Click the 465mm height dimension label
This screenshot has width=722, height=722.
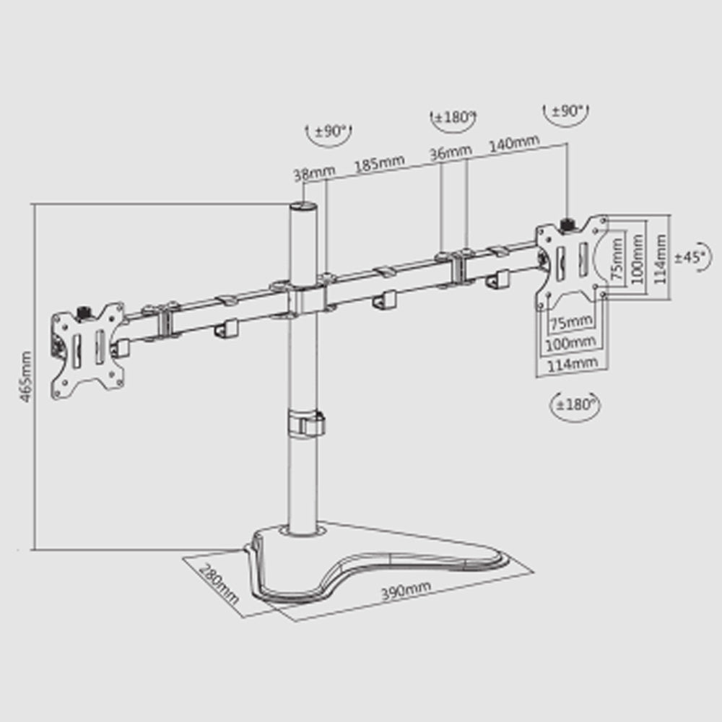click(x=26, y=376)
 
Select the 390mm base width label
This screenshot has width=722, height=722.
click(x=406, y=591)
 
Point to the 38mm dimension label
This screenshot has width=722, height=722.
click(x=315, y=173)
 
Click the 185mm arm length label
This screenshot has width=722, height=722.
click(x=380, y=163)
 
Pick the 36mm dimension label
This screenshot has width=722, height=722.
click(x=451, y=152)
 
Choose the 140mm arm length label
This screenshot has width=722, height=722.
click(x=514, y=143)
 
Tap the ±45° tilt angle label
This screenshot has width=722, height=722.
click(x=690, y=258)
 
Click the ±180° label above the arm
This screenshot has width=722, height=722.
click(x=453, y=117)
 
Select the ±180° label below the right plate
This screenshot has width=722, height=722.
click(x=575, y=405)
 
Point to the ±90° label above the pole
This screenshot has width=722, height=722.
click(x=330, y=131)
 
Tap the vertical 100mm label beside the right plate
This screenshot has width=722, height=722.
click(x=638, y=258)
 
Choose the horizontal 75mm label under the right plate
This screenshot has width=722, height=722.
click(x=573, y=322)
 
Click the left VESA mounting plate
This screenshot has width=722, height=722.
click(x=87, y=351)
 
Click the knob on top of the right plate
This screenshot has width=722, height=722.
click(x=566, y=225)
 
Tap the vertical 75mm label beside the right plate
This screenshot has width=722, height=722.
click(x=617, y=258)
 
